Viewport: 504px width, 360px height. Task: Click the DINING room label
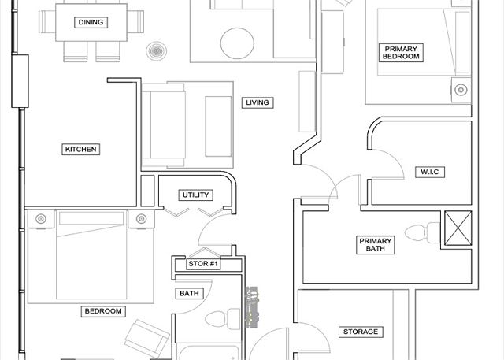[91, 22]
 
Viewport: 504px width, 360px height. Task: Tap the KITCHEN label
[80, 149]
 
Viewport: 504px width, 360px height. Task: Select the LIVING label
[258, 102]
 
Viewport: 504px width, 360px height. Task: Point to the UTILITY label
[196, 195]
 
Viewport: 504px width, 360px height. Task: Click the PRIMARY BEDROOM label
[401, 53]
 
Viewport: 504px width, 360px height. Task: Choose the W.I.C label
[430, 172]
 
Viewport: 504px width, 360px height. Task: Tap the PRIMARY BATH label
[375, 245]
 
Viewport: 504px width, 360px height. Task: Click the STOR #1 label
[203, 264]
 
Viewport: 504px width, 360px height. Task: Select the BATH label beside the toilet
[189, 294]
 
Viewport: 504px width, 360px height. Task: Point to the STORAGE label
[361, 332]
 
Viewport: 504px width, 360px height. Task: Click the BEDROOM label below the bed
[103, 311]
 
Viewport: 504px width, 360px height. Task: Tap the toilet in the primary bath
[422, 232]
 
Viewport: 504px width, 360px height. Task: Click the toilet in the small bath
[222, 319]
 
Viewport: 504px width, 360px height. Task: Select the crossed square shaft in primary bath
[458, 228]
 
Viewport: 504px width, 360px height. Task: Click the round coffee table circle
[237, 43]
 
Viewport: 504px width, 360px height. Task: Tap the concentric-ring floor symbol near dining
[156, 50]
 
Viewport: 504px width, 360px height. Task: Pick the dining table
[91, 22]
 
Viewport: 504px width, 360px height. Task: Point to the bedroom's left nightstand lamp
[41, 219]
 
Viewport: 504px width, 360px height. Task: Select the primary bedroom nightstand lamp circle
[461, 90]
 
